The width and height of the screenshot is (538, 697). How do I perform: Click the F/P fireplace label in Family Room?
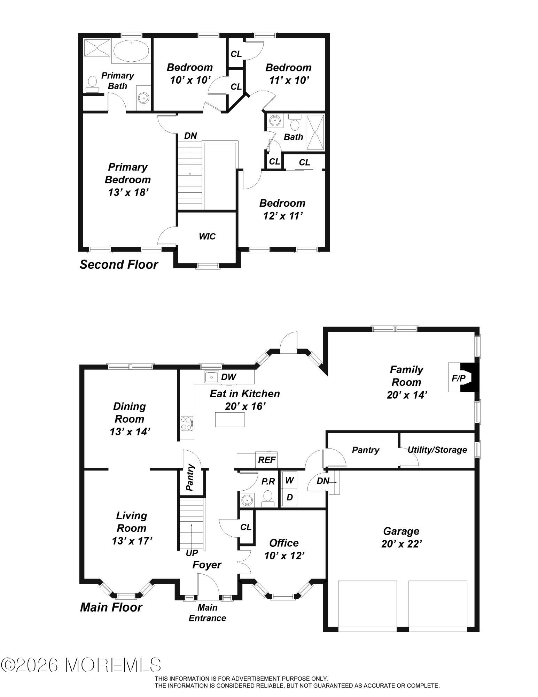coord(458,378)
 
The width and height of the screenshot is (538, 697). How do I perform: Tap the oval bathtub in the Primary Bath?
coord(131,51)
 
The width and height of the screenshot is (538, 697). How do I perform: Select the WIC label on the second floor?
coord(207,237)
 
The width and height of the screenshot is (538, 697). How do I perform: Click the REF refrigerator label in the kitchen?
coord(267,460)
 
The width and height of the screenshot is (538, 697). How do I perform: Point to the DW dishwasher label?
coord(229,376)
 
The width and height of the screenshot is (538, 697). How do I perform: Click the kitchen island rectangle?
coord(229,419)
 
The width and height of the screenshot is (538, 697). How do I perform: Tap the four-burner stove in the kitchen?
coord(187,423)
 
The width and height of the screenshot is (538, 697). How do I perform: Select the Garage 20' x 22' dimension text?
coord(401,544)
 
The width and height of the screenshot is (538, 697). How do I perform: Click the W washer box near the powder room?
coord(289,480)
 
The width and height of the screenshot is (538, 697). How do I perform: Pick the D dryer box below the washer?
coord(289,497)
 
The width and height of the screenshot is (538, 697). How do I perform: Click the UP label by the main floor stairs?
coord(192,553)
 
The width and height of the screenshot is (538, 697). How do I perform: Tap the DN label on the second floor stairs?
coord(190,136)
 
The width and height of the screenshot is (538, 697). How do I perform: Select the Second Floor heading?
coord(119,265)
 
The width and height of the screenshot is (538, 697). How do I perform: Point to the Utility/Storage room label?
coord(437,450)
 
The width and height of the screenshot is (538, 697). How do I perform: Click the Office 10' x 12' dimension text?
coord(284,556)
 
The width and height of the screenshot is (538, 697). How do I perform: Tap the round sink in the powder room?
coord(247,500)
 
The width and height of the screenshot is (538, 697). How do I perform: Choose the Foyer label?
coord(207,565)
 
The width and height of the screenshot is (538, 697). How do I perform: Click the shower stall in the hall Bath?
coord(315,132)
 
